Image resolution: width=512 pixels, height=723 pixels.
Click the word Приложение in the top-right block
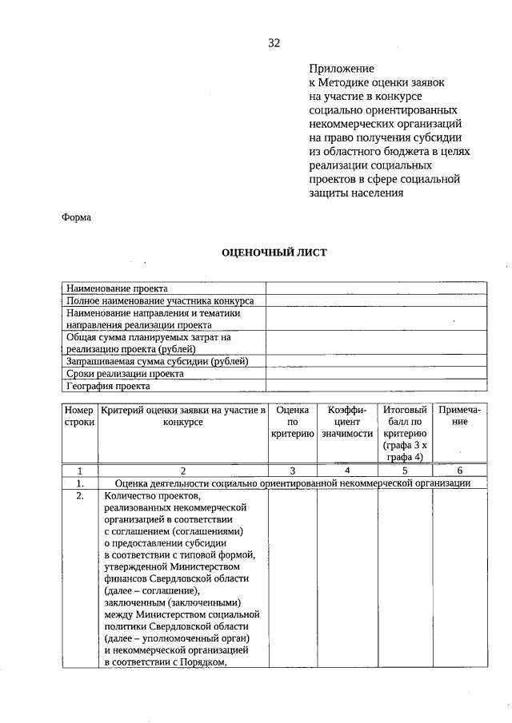(x=342, y=70)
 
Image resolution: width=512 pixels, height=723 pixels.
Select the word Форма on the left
(x=77, y=217)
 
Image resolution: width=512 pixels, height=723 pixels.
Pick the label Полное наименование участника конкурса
(x=160, y=301)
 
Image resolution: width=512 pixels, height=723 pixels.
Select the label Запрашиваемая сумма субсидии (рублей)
(x=157, y=361)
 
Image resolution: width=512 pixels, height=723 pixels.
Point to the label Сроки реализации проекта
(x=125, y=373)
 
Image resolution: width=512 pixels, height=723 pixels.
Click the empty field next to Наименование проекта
(x=375, y=288)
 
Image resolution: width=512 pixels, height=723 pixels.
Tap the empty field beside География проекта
(x=375, y=385)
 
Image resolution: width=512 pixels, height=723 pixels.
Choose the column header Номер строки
(x=79, y=415)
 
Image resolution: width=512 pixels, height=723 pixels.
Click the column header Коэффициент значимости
(x=347, y=421)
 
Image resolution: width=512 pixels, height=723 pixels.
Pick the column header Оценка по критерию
(x=292, y=421)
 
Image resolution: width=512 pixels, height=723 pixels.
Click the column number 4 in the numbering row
(x=347, y=471)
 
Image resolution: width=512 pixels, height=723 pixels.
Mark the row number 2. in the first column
(x=79, y=495)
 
